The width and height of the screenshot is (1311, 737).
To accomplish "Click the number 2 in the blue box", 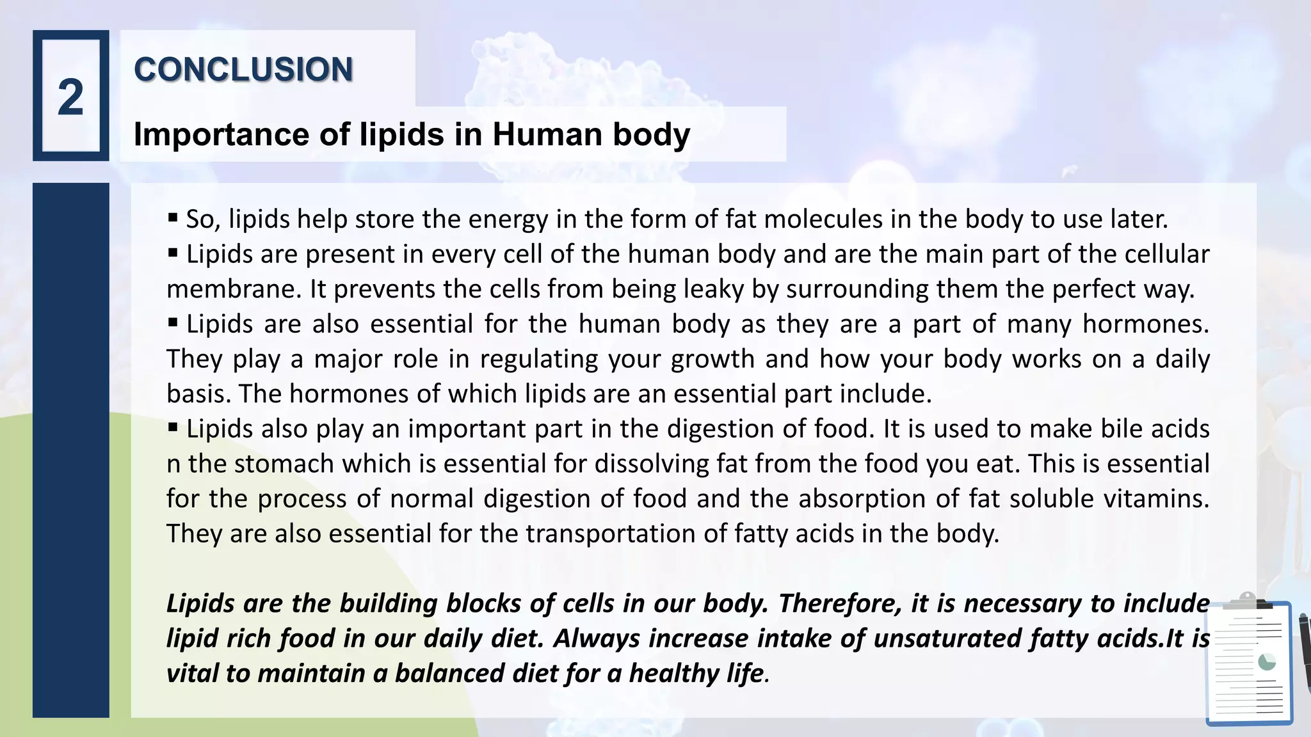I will click(70, 98).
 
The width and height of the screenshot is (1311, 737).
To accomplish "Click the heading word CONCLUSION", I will click(243, 69).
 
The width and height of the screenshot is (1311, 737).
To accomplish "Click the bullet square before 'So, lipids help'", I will click(173, 218).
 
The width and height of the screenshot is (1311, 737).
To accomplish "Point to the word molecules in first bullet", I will click(823, 219).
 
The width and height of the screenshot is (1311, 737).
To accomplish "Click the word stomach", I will click(284, 464).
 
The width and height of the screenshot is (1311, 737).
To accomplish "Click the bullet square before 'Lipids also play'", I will click(173, 427).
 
